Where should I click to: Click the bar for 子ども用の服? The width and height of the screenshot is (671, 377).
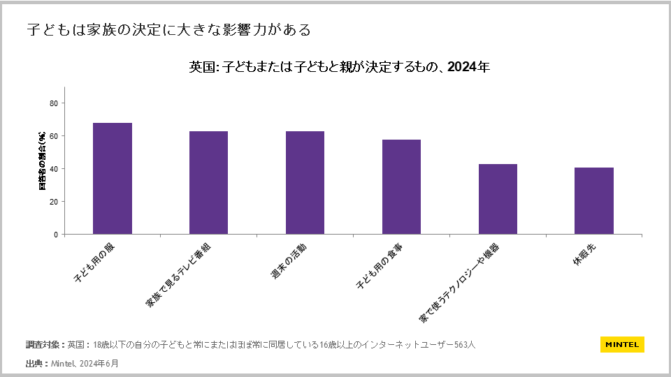click(112, 179)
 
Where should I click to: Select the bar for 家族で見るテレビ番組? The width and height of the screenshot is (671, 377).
click(208, 183)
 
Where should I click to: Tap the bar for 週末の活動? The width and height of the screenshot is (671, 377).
click(305, 183)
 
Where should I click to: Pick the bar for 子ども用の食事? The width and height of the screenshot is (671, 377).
click(401, 187)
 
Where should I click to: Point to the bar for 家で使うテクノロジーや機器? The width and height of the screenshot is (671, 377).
click(498, 199)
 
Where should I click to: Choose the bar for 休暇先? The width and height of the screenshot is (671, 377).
click(593, 201)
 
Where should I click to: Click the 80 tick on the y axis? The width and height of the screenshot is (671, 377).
click(54, 103)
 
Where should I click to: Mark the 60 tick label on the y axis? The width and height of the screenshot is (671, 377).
click(54, 136)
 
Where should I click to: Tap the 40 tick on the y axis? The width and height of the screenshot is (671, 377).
click(54, 169)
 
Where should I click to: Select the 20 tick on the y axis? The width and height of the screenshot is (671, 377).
click(54, 202)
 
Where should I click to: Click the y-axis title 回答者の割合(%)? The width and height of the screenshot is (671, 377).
click(42, 161)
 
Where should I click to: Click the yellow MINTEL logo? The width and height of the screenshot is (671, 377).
click(622, 344)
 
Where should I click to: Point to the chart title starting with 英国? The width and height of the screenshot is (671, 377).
click(340, 68)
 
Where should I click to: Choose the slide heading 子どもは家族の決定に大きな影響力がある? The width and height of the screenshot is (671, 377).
click(168, 30)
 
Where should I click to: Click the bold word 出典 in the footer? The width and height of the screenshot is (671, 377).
click(35, 364)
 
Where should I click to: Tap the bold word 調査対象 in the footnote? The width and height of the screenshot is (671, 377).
click(44, 345)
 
